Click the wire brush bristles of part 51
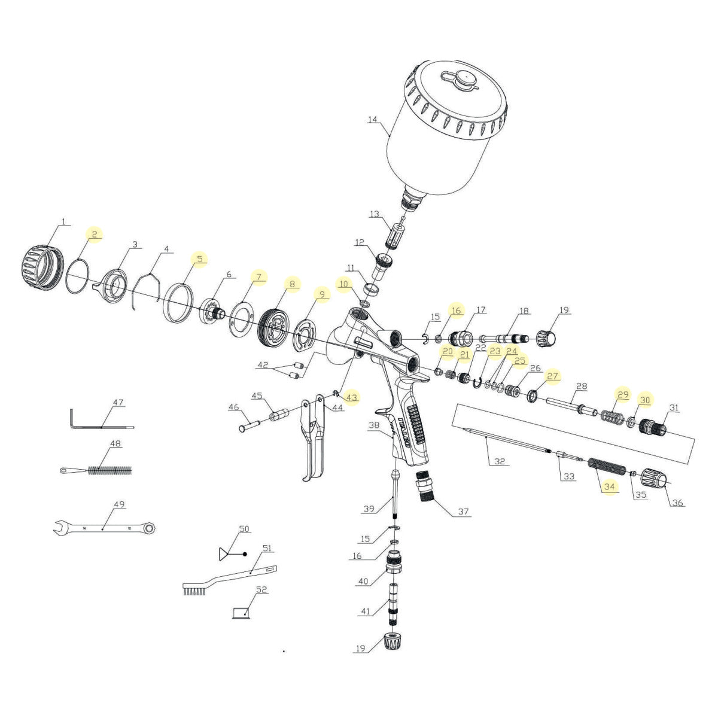pyautogui.click(x=194, y=591)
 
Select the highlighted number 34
pyautogui.click(x=609, y=486)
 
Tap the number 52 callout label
pyautogui.click(x=261, y=589)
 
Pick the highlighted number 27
pyautogui.click(x=552, y=376)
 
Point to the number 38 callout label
pyautogui.click(x=375, y=425)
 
